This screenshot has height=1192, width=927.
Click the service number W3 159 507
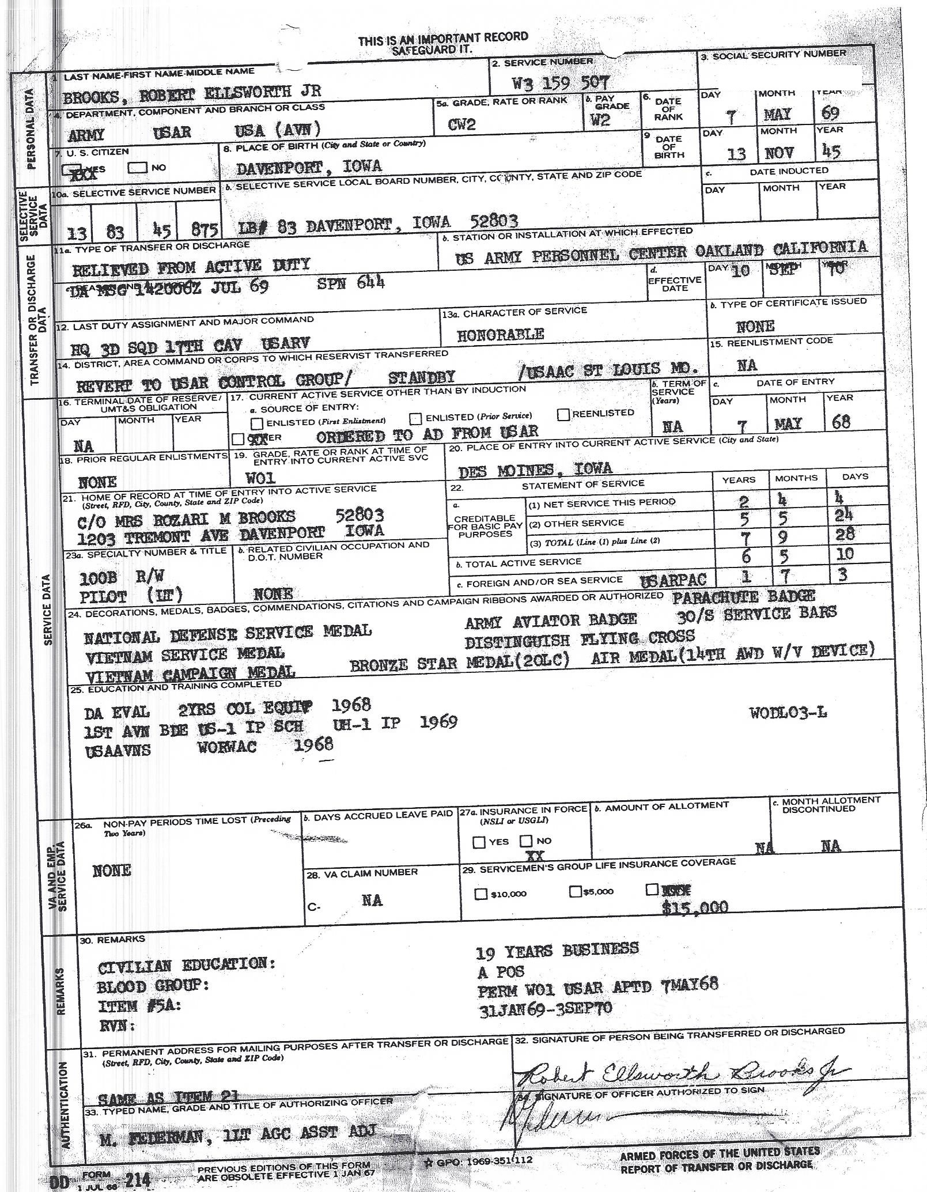point(559,83)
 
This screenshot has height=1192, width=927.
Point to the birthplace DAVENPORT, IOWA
point(309,166)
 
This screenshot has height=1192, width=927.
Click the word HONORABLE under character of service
point(500,334)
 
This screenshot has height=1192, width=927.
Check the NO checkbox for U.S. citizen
point(138,168)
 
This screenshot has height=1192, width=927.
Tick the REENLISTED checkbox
point(563,414)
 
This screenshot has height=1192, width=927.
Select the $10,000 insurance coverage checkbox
point(480,894)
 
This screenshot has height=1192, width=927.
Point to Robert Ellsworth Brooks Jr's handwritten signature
point(680,1072)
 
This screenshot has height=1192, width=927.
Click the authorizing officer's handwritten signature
point(553,1118)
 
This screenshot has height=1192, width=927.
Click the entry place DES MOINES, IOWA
point(535,470)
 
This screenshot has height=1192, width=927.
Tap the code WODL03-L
point(788,713)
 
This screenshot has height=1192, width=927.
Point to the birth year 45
point(831,151)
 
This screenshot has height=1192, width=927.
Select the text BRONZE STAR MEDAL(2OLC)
point(460,663)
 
